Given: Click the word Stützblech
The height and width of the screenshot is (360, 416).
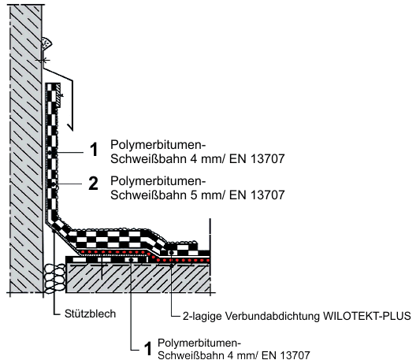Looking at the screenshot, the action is tap(90, 314).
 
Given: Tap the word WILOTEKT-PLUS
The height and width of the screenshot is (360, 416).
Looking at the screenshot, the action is tap(367, 316).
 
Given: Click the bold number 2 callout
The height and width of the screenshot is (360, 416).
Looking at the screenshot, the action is tap(93, 184).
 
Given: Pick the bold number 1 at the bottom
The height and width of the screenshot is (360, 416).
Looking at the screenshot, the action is tap(148, 349).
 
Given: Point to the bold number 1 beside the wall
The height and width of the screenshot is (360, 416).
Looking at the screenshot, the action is tap(94, 150).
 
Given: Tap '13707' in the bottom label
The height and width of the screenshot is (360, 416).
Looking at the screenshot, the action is tap(295, 355).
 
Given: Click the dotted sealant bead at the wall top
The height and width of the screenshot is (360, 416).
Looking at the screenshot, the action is tap(46, 43).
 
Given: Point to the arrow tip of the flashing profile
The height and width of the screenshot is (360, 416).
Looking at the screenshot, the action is tap(72, 130).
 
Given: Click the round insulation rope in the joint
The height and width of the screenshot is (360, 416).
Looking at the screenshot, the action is tap(55, 279).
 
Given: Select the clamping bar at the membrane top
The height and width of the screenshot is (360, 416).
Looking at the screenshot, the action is tap(59, 95).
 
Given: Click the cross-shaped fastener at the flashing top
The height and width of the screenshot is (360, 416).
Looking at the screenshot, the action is tap(43, 61).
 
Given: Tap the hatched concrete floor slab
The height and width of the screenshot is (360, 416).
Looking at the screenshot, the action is tap(138, 278).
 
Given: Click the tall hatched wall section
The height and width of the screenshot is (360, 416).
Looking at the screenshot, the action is tap(26, 149).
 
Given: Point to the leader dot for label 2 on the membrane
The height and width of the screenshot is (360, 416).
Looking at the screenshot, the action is tap(54, 184).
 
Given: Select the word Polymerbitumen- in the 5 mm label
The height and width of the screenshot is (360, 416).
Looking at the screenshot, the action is tap(158, 181).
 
